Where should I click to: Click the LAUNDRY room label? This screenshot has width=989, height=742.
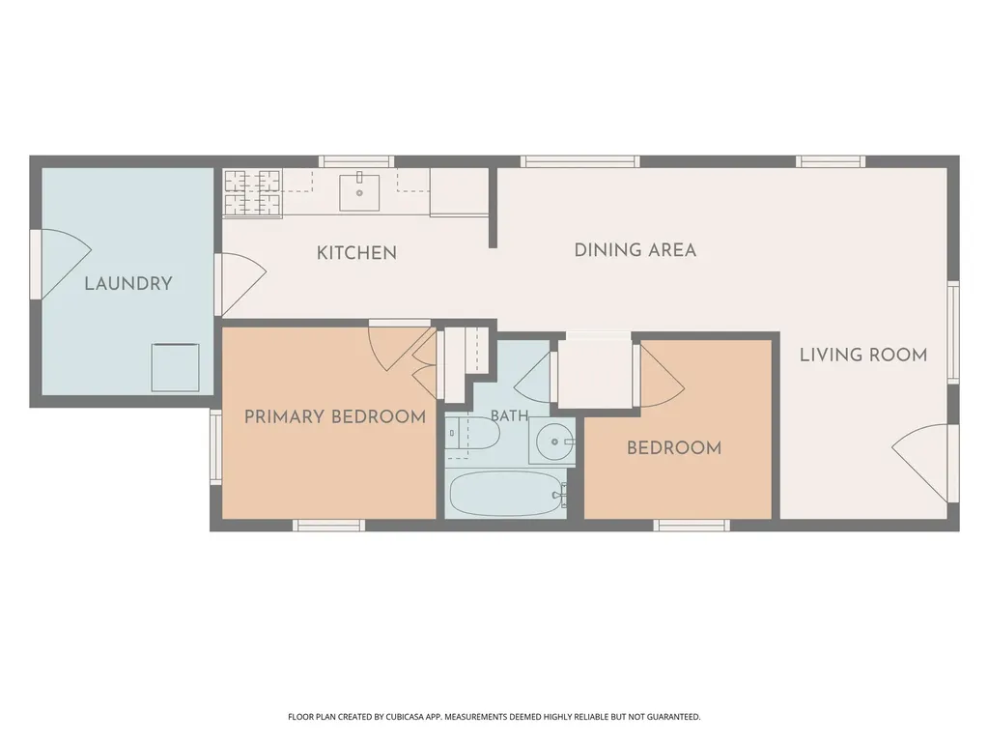click(128, 284)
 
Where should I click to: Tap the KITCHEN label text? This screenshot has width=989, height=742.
click(356, 253)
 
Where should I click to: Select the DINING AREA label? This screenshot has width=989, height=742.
click(636, 250)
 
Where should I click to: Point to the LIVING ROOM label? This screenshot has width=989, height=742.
click(863, 356)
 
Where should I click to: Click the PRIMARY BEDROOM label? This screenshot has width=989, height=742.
click(335, 417)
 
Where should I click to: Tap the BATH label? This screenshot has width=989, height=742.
click(509, 416)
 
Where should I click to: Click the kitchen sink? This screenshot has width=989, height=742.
click(359, 192)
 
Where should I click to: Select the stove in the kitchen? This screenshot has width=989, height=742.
click(252, 192)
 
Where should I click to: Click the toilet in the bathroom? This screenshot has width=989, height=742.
click(472, 433)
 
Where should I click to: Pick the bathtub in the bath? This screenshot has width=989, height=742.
click(505, 494)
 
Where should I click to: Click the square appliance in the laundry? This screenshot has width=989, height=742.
click(176, 367)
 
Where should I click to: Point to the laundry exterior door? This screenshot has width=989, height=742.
click(62, 264)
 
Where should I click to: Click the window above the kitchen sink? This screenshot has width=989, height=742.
click(356, 161)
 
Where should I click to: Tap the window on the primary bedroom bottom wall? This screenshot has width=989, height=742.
click(329, 525)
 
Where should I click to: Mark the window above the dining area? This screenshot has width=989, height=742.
click(580, 161)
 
